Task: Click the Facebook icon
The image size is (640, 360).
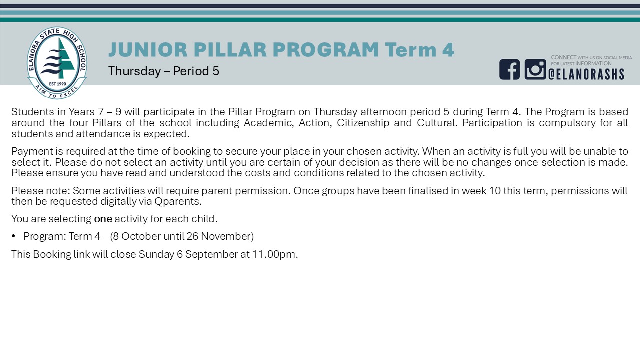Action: (x=509, y=69)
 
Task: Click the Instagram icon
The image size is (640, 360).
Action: (x=535, y=69)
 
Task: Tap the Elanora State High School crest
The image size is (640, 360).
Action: (x=57, y=63)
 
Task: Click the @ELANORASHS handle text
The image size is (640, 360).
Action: (x=586, y=74)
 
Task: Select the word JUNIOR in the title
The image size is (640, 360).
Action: (x=148, y=49)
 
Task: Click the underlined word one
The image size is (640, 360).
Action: (x=103, y=219)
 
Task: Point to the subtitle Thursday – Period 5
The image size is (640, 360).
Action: (x=163, y=71)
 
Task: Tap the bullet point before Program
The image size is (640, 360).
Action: (x=13, y=236)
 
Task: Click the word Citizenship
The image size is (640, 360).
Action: (x=363, y=123)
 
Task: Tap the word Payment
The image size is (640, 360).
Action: (x=28, y=151)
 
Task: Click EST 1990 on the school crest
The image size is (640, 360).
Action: (x=57, y=84)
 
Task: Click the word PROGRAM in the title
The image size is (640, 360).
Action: (x=325, y=49)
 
